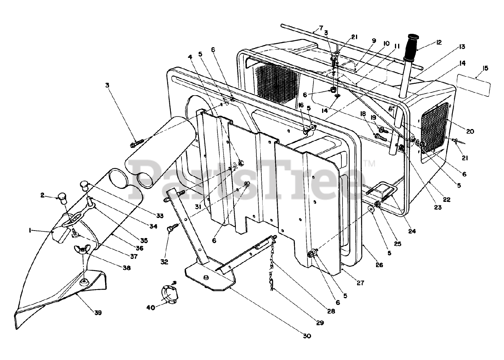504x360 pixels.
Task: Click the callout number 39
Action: [98, 312]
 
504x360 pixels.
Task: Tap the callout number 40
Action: [151, 307]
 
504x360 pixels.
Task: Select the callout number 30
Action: [307, 342]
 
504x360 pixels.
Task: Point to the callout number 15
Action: [485, 68]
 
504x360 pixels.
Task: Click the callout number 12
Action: [439, 42]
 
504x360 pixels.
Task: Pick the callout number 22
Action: [447, 199]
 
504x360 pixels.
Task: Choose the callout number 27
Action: [360, 283]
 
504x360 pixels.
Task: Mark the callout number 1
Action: [30, 230]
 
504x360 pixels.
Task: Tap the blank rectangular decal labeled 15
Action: [473, 86]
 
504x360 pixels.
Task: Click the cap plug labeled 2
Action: [63, 198]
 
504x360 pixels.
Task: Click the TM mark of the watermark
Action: [369, 163]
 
